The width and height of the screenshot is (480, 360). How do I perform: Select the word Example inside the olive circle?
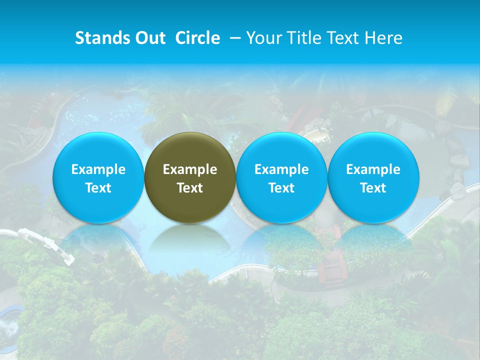click(190, 169)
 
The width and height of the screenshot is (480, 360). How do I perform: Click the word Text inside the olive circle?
click(190, 188)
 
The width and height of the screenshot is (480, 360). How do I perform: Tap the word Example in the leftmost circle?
click(98, 169)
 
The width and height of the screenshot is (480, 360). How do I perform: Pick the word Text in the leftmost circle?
click(98, 188)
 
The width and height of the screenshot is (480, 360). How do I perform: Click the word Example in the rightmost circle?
click(373, 169)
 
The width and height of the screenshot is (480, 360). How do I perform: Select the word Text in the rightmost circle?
click(373, 188)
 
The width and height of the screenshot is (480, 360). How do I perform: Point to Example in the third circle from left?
click(281, 169)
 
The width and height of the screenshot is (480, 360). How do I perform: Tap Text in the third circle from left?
click(281, 188)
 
